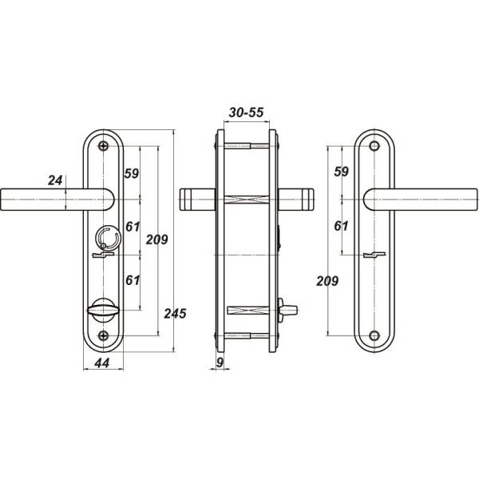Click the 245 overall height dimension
(x=175, y=314)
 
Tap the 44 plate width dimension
(x=102, y=363)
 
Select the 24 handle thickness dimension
(x=55, y=180)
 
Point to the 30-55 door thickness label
(x=246, y=113)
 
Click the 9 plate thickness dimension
(x=220, y=362)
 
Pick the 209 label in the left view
(x=157, y=239)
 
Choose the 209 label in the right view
(x=327, y=281)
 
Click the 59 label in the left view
(x=132, y=173)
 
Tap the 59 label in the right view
(x=341, y=172)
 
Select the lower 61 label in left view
(x=133, y=280)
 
